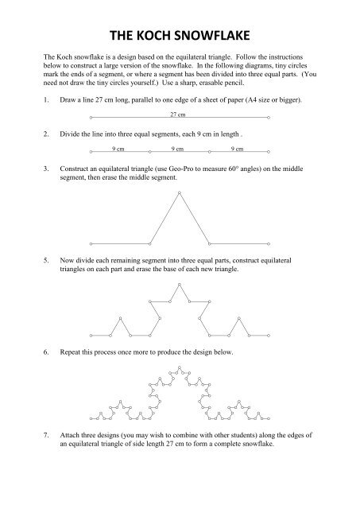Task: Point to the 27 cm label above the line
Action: coord(178,115)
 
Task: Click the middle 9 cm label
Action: coord(179,147)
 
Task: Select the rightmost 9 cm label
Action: coord(237,147)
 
